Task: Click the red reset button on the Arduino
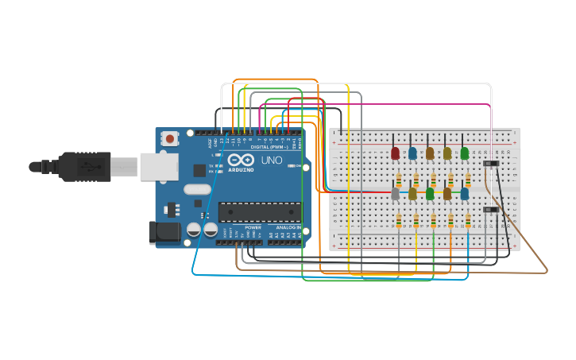tap(169, 138)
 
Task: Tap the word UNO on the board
tap(272, 160)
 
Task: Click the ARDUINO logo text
tap(241, 169)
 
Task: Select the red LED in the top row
tap(395, 153)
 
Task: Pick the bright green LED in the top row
tap(465, 153)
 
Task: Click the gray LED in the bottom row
tap(395, 193)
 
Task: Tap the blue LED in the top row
tap(412, 153)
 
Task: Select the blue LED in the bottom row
tap(465, 193)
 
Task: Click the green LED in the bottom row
tap(430, 193)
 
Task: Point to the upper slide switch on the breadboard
tap(491, 164)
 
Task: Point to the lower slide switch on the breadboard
tap(491, 210)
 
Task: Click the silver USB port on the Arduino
tap(158, 167)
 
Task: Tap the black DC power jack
tap(164, 232)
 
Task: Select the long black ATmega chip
tap(260, 212)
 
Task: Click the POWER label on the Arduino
tap(253, 227)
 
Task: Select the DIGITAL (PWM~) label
tap(269, 147)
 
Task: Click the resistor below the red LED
tap(399, 180)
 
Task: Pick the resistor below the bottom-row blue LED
tap(468, 221)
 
